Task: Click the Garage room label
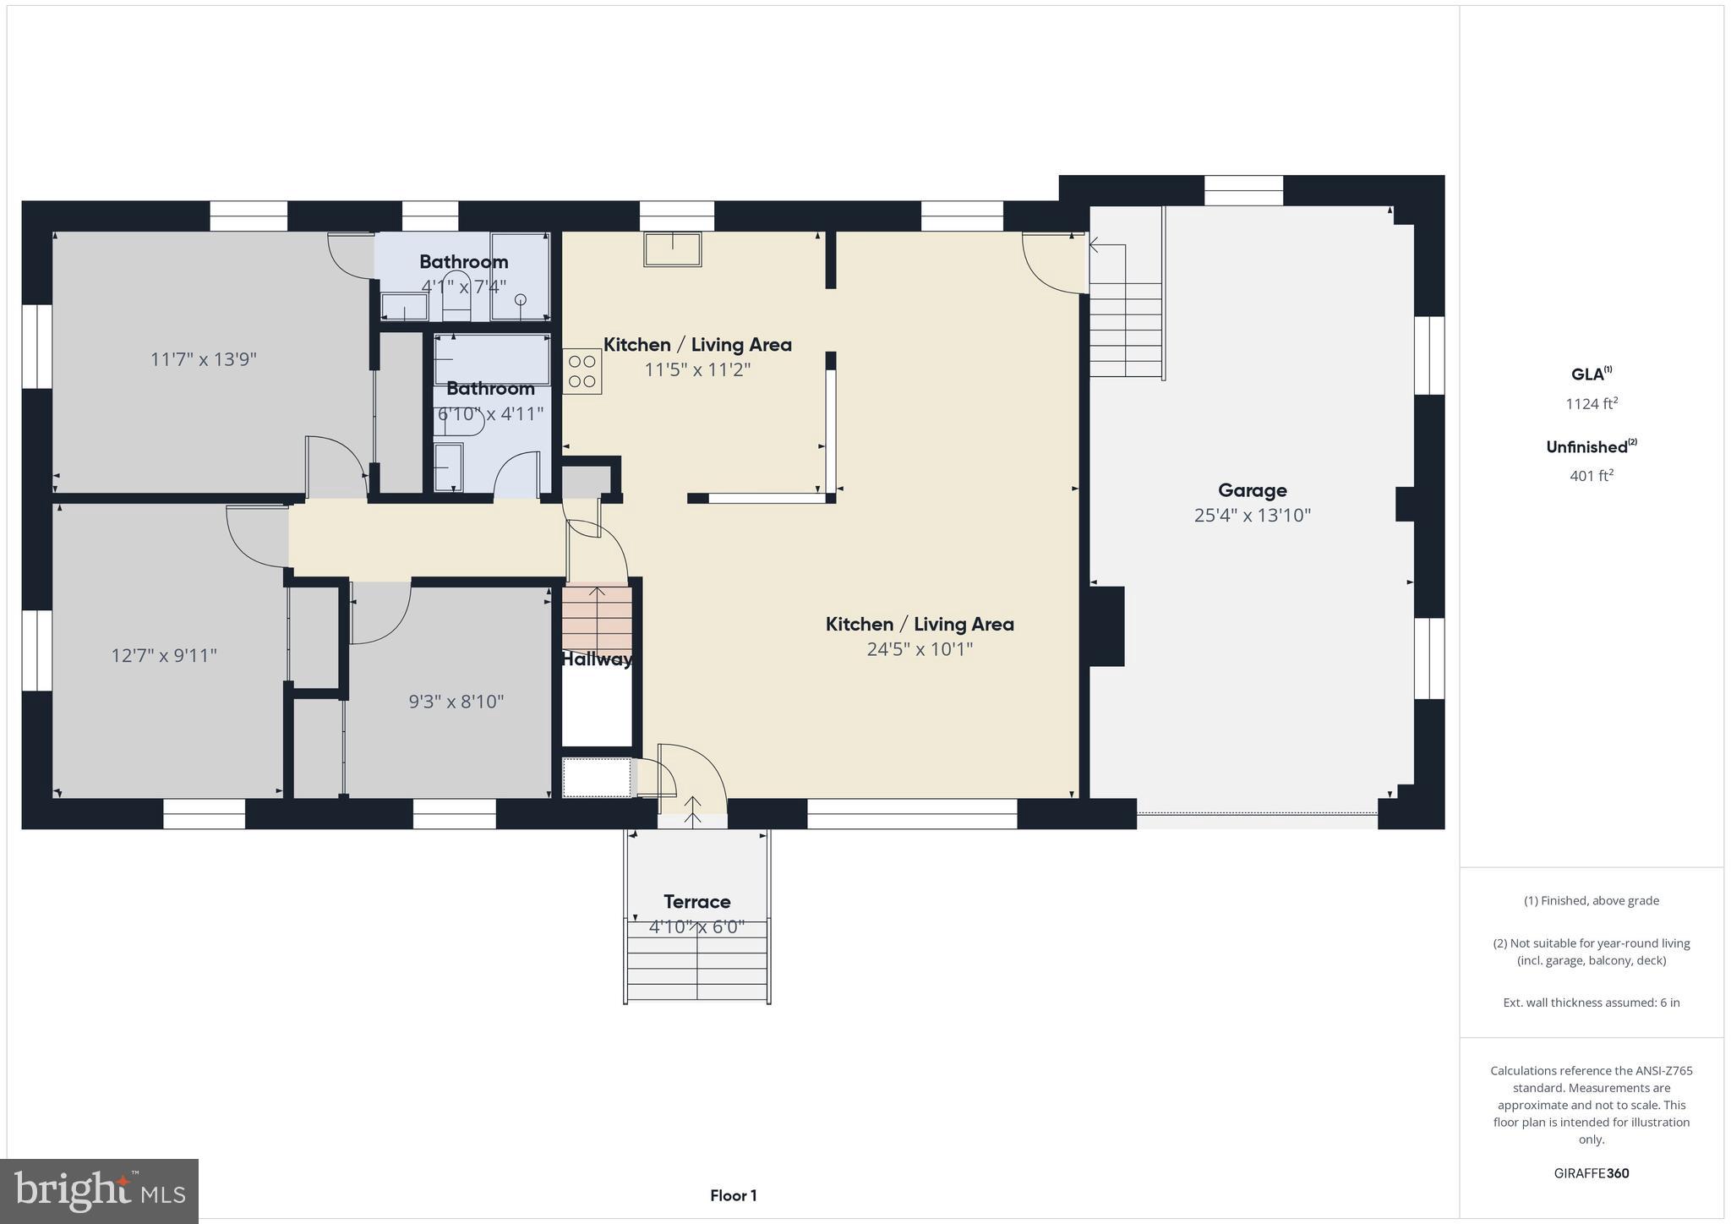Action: pyautogui.click(x=1252, y=490)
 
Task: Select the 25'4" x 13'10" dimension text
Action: pyautogui.click(x=1252, y=515)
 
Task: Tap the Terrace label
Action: pyautogui.click(x=696, y=901)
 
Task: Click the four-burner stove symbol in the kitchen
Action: pyautogui.click(x=582, y=372)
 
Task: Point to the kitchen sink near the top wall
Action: pyautogui.click(x=673, y=249)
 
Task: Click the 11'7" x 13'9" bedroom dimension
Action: pyautogui.click(x=204, y=359)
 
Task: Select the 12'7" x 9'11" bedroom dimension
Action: pyautogui.click(x=164, y=655)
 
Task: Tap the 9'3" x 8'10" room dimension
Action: pyautogui.click(x=456, y=702)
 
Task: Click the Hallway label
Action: pyautogui.click(x=597, y=659)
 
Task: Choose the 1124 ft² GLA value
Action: pyautogui.click(x=1592, y=404)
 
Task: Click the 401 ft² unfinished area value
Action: pyautogui.click(x=1592, y=476)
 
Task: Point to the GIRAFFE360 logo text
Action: pyautogui.click(x=1592, y=1173)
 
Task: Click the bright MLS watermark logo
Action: pyautogui.click(x=100, y=1191)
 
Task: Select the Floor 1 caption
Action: pyautogui.click(x=733, y=1195)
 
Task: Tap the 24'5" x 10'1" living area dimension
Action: pyautogui.click(x=920, y=649)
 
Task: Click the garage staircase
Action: pyautogui.click(x=1125, y=330)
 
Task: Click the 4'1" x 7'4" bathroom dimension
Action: pyautogui.click(x=464, y=287)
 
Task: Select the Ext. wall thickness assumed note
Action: pyautogui.click(x=1592, y=1003)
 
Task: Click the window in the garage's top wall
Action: pyautogui.click(x=1243, y=191)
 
